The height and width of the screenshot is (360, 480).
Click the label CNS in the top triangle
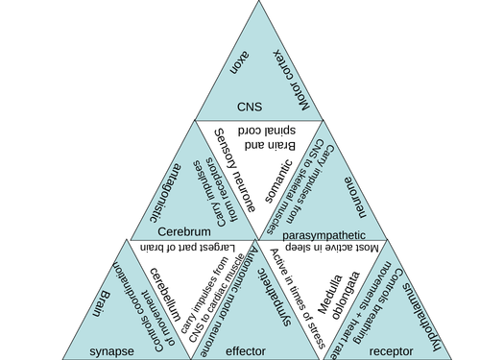coord(250,107)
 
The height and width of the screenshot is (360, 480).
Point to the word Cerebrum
coord(184,231)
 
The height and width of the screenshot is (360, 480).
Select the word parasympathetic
coord(324,232)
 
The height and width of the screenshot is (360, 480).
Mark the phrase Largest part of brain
coord(185,248)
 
